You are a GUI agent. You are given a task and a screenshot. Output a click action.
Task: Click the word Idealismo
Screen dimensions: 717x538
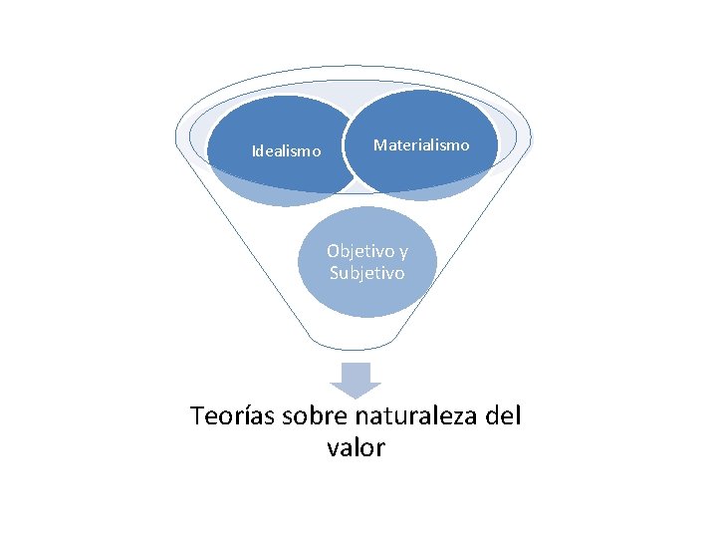click(286, 151)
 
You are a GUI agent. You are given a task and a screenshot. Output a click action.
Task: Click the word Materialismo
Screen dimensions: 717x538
click(420, 145)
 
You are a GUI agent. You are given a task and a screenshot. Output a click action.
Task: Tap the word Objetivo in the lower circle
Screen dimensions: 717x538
click(360, 251)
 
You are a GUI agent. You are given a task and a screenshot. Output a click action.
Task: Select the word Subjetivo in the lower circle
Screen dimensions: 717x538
click(367, 272)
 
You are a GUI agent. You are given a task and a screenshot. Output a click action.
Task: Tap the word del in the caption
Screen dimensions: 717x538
click(502, 415)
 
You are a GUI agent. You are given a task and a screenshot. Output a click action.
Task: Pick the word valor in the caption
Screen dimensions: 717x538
click(356, 448)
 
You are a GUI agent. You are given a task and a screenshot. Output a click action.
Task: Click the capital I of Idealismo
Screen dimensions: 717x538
click(253, 151)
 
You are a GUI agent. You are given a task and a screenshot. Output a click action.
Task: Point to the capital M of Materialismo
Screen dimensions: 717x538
click(379, 145)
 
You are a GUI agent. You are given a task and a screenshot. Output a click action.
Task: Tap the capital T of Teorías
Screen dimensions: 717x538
click(197, 415)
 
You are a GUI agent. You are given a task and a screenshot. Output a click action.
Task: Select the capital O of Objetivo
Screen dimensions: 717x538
click(333, 251)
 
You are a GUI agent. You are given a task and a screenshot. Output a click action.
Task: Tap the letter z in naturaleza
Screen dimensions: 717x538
click(448, 416)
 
